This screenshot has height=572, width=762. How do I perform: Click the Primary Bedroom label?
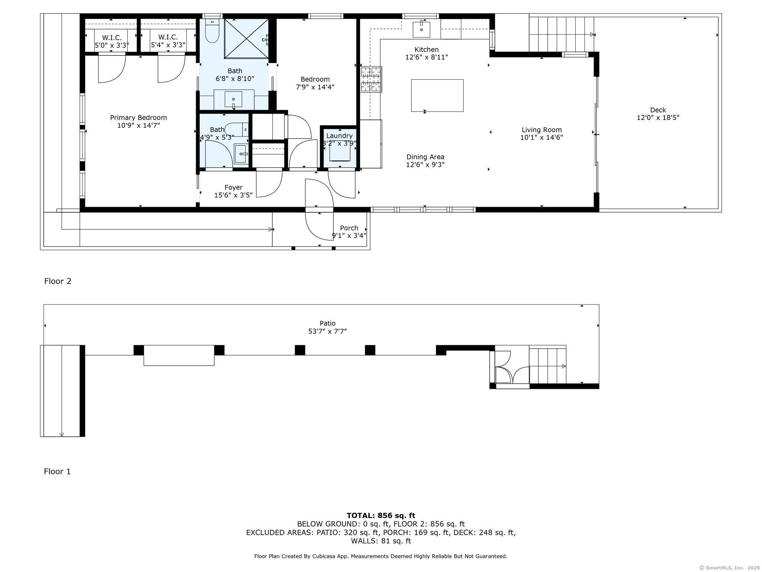tap(138, 118)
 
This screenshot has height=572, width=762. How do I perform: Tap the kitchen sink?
tap(421, 29)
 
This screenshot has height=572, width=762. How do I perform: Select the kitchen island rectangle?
tap(437, 95)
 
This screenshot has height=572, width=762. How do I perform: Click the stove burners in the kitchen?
tap(371, 79)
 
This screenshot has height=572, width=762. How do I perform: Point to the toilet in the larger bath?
tap(212, 31)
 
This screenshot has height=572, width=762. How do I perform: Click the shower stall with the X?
tap(246, 39)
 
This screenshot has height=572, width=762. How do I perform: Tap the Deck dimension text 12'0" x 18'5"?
tap(658, 118)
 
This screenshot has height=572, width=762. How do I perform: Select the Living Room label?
tap(541, 130)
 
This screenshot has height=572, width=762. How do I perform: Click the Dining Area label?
tap(425, 157)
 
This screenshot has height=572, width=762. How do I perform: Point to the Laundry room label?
tap(339, 136)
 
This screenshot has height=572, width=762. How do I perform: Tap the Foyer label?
tap(233, 187)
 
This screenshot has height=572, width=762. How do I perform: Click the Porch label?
tap(349, 228)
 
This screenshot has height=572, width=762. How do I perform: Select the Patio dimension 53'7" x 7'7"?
tap(327, 331)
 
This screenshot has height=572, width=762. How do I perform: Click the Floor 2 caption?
tap(58, 281)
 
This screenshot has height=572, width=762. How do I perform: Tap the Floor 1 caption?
tap(57, 471)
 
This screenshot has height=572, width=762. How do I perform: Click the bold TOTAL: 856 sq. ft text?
tap(381, 515)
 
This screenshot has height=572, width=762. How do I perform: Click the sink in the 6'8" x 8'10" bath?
tap(233, 99)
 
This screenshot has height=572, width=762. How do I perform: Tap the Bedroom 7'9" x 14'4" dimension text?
tap(315, 87)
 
